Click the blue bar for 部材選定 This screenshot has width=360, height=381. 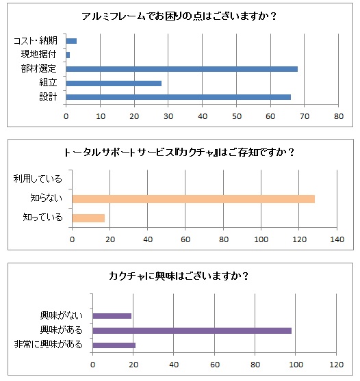click(181, 69)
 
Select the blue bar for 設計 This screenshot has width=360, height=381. click(178, 97)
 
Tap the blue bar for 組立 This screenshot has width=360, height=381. click(114, 83)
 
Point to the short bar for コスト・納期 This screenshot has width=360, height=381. click(71, 41)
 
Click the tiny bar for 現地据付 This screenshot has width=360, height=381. click(68, 55)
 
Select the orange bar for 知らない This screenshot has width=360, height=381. click(194, 199)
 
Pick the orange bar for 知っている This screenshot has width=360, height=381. click(88, 218)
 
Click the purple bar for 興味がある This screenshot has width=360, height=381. click(192, 330)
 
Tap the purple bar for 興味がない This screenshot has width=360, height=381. click(112, 316)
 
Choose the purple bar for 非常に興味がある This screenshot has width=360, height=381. click(114, 345)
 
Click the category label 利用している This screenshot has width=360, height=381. click(38, 179)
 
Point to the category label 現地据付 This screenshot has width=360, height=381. click(38, 54)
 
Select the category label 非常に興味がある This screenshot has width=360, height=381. click(49, 344)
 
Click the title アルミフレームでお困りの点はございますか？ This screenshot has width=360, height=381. click(179, 16)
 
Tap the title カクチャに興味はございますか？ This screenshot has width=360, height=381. click(179, 276)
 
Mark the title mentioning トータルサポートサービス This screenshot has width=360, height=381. click(179, 153)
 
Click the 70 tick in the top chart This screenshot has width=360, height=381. click(305, 116)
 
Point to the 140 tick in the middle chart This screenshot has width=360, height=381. click(337, 239)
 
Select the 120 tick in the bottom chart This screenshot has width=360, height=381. click(337, 365)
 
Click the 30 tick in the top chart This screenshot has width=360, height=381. click(168, 116)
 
